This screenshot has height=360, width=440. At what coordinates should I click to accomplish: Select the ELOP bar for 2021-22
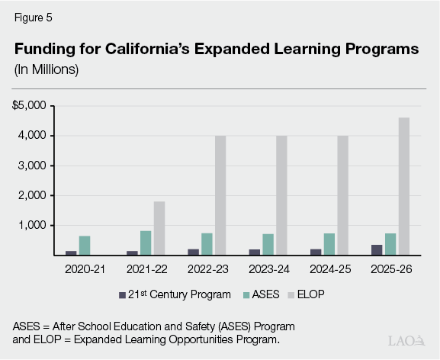[159, 228]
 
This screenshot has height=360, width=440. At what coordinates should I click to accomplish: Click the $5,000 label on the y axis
[29, 105]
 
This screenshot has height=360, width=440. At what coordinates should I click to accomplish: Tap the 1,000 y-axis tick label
[33, 226]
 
